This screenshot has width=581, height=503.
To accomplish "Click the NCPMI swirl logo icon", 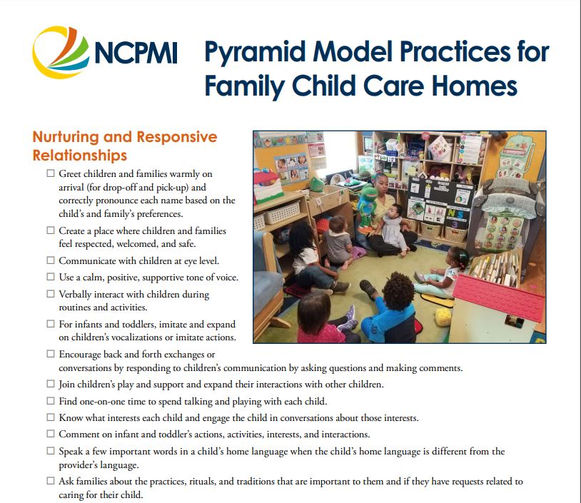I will point(61,51).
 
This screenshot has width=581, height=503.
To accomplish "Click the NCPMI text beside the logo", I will point(135,54).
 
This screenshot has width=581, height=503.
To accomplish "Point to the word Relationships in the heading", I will point(80,155).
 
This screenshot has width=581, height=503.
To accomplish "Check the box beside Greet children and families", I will point(50,174).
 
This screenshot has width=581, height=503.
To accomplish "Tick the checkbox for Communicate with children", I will point(50,260).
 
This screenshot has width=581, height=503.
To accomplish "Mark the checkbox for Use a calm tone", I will point(50,278).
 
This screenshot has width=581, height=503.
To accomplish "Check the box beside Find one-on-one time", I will point(50,401).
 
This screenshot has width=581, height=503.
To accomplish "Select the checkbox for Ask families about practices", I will point(50,482).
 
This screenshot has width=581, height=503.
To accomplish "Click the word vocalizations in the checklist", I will point(154,337).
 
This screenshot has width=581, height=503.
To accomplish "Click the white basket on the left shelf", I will point(281,212).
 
